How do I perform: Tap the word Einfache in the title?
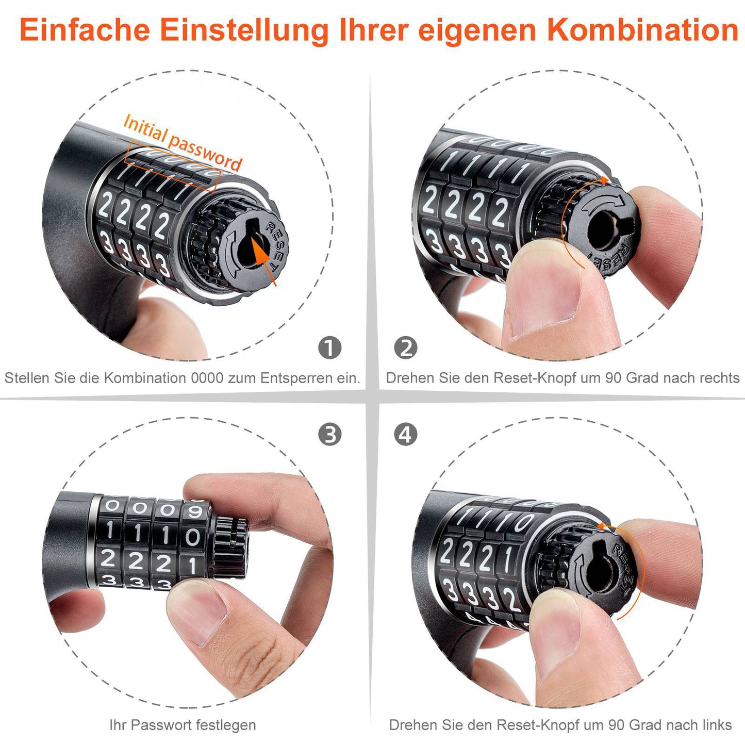tap(85, 30)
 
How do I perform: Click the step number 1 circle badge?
tap(330, 348)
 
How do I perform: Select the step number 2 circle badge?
tap(406, 348)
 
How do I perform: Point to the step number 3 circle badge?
tap(330, 435)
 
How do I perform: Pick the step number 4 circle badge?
tap(406, 435)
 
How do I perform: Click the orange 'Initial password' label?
tap(183, 143)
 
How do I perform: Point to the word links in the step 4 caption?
tap(716, 725)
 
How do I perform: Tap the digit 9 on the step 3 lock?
tap(194, 511)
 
